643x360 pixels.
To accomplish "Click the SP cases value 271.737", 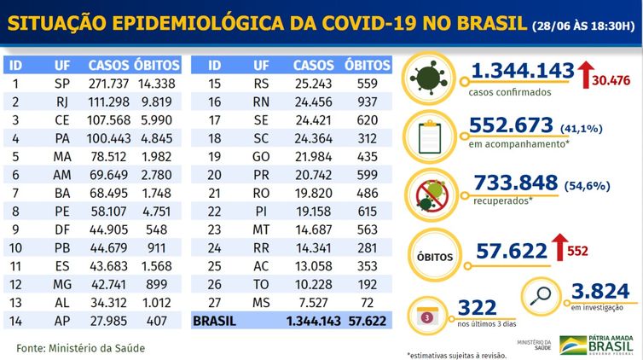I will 107,84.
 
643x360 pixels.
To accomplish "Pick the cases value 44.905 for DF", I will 107,229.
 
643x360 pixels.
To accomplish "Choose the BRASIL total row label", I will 217,321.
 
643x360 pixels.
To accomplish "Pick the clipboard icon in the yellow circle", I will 432,134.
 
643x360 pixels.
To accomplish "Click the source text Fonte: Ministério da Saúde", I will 81,348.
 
